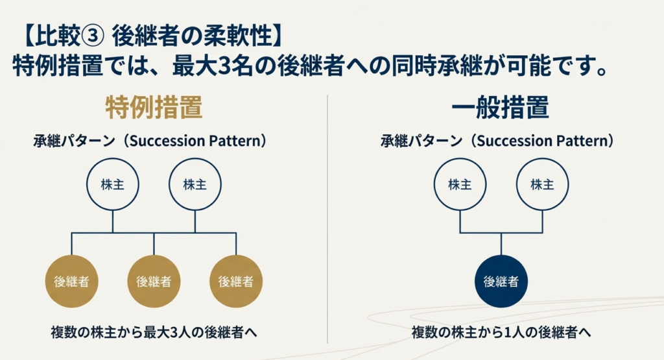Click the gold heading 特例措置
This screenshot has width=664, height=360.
tap(154, 108)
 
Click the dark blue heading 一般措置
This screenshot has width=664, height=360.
tap(501, 108)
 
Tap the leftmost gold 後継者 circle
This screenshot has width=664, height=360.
tap(71, 282)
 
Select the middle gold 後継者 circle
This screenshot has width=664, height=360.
tap(154, 282)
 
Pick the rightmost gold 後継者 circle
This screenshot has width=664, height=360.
tap(235, 282)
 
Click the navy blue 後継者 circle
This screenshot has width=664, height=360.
tap(501, 282)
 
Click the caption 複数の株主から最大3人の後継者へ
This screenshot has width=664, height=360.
tap(154, 332)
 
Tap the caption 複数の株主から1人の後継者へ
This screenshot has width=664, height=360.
tap(501, 332)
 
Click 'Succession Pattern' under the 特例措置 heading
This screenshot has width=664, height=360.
tap(197, 141)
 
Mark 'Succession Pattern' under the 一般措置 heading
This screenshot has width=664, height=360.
tap(544, 141)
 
